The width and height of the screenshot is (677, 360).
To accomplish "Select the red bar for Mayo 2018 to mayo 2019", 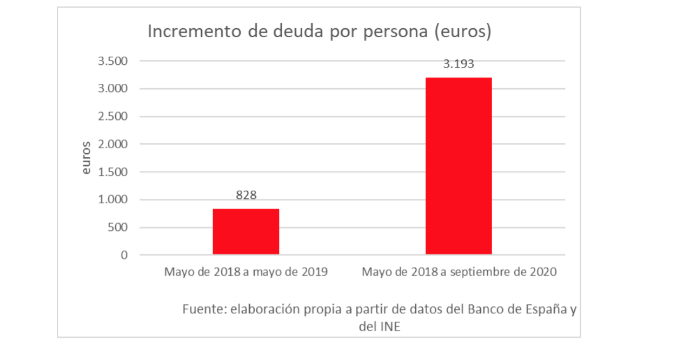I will [246, 231].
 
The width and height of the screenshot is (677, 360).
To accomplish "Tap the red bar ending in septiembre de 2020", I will [459, 166].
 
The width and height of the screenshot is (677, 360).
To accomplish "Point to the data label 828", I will [246, 195].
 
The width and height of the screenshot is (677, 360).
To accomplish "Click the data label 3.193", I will [459, 64].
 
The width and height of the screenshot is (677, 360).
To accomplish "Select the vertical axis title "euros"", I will [87, 158].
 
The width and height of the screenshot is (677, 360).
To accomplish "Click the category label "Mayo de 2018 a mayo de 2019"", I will [246, 271].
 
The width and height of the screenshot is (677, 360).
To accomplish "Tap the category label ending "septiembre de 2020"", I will [459, 271].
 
